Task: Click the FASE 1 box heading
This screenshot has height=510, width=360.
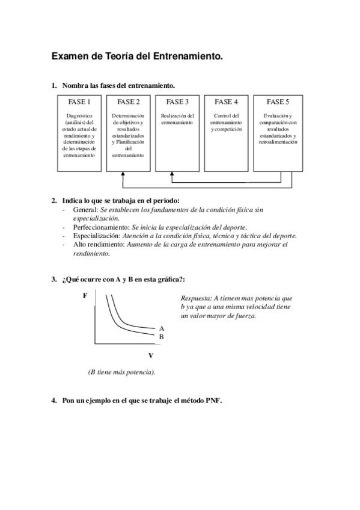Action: click(80, 102)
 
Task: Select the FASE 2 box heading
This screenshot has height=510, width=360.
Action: click(128, 102)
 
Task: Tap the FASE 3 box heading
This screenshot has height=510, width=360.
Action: click(177, 102)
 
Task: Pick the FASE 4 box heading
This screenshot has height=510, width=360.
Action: click(226, 102)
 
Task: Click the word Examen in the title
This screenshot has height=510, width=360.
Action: click(71, 57)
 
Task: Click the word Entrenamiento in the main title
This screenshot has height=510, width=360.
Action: click(191, 57)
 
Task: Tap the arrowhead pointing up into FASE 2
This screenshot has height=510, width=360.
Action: click(123, 175)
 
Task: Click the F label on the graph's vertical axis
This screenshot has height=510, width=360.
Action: click(85, 296)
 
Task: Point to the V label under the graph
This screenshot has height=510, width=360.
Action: click(150, 355)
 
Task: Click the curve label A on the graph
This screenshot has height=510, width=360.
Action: click(161, 328)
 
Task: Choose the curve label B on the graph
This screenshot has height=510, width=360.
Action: click(161, 337)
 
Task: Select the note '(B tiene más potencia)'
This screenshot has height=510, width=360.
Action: click(121, 372)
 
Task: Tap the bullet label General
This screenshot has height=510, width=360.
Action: click(85, 210)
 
